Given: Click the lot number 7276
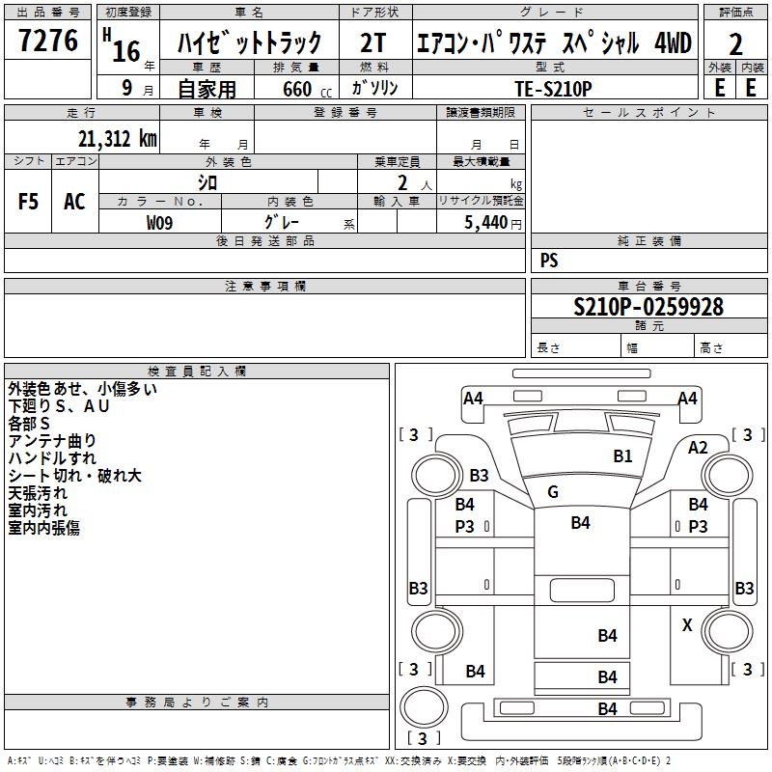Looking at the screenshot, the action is [48, 41].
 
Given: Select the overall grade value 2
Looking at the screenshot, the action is [735, 44].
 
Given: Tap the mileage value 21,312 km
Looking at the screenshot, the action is [117, 139].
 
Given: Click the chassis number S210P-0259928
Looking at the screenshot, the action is [648, 307].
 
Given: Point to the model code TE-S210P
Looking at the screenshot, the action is [553, 89].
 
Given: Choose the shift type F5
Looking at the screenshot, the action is [28, 202].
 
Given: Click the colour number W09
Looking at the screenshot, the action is [159, 223].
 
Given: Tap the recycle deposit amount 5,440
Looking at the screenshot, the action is [485, 223].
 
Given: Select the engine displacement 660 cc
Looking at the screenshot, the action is [307, 89].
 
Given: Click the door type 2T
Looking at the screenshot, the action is [373, 42].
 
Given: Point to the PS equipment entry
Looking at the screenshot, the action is [549, 261].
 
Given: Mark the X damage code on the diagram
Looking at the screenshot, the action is [687, 625].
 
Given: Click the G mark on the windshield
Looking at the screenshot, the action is [553, 492].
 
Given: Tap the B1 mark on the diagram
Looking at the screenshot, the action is [622, 456].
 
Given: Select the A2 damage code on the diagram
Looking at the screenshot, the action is [698, 448].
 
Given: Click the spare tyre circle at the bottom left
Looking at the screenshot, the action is [424, 707].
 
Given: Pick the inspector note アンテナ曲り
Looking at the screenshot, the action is [52, 441].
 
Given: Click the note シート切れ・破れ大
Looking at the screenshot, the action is [75, 476].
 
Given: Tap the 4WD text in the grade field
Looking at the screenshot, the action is [673, 42].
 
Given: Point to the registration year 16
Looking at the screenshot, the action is [126, 51].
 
